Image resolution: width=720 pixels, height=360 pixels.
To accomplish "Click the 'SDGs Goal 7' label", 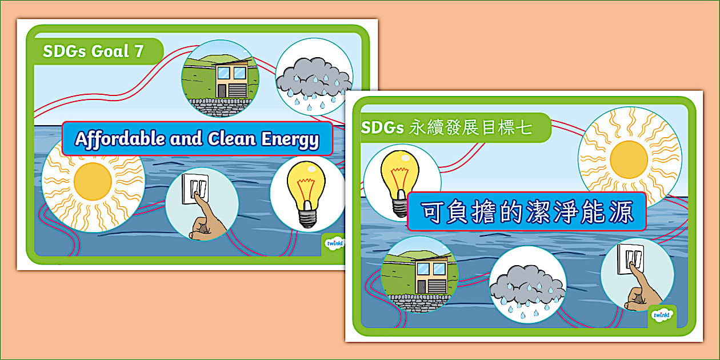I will pos(93,51).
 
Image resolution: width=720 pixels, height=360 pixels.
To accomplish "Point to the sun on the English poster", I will pos(93,181).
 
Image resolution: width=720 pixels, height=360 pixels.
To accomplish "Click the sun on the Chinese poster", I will pos(629,158).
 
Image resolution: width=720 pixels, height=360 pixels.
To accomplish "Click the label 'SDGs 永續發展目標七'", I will pos(446,127).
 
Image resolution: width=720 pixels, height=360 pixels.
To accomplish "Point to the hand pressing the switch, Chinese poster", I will pos(643,291).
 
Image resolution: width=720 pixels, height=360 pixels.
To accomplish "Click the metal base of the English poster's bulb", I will pos(307,218).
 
